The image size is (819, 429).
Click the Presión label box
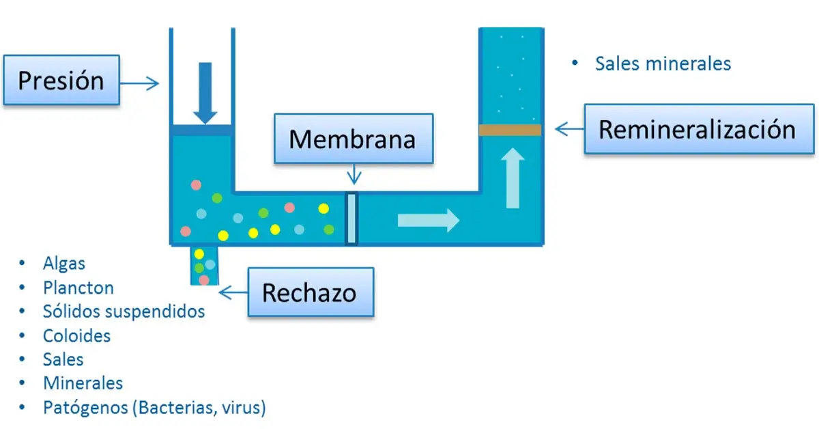(x=61, y=81)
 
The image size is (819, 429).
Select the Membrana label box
(x=353, y=139)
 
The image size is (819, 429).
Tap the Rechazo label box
(x=310, y=293)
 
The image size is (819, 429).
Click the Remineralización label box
(x=698, y=129)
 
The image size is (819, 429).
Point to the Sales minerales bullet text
(x=662, y=64)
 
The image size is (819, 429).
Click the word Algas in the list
(x=63, y=263)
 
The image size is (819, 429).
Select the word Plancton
(x=78, y=288)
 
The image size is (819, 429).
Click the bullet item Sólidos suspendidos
(x=123, y=312)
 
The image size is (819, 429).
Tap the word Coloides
(x=76, y=335)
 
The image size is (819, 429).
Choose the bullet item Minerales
(x=83, y=383)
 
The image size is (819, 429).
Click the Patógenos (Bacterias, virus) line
(x=154, y=408)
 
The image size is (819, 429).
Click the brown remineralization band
(x=510, y=130)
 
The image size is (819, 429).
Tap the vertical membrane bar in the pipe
(x=351, y=219)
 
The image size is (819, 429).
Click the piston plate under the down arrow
(x=201, y=130)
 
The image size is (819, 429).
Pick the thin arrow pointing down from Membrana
(x=354, y=176)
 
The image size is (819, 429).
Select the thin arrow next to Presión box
(x=141, y=83)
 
